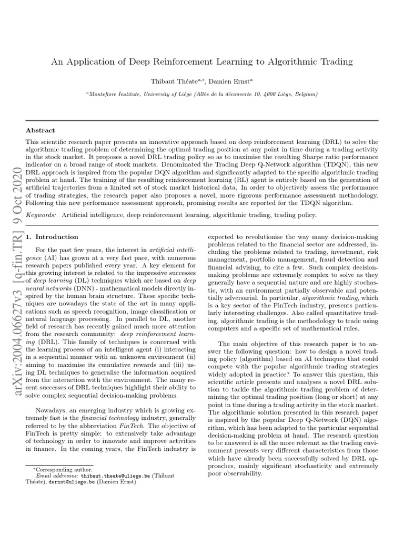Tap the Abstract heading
(x=41, y=130)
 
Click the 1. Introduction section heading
(x=52, y=237)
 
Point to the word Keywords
(x=42, y=215)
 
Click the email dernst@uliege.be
(x=73, y=481)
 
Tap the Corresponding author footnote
(x=63, y=469)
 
